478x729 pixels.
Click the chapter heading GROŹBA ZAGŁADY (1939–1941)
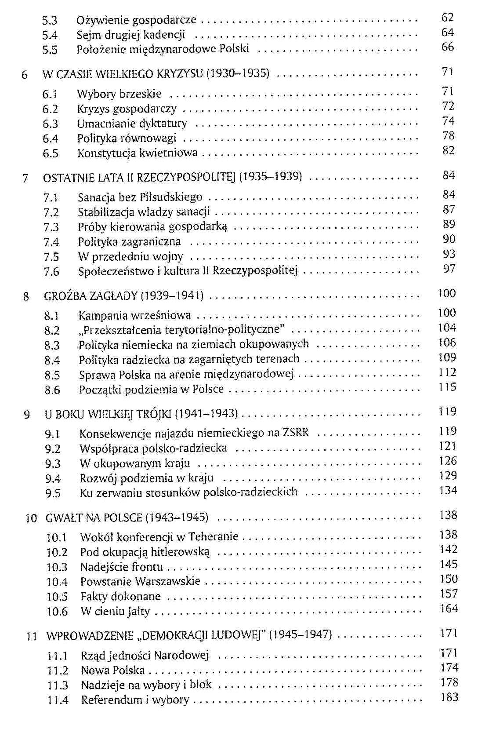[x=123, y=295]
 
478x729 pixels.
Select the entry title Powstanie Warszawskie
[x=140, y=581]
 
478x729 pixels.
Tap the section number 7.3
[x=51, y=227]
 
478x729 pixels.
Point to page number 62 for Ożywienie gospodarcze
[x=447, y=18]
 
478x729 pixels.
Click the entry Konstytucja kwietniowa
[x=137, y=153]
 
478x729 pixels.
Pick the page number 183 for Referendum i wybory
[x=449, y=697]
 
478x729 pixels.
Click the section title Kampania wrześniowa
[x=134, y=315]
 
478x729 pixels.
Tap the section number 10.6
[x=57, y=612]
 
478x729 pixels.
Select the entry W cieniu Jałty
[x=115, y=611]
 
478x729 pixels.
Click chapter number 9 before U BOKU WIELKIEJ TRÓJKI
[x=27, y=415]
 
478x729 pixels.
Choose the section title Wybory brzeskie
[x=119, y=94]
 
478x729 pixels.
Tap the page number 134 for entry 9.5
[x=448, y=490]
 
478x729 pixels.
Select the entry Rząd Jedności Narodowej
[x=145, y=656]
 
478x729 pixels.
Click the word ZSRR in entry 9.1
[x=296, y=433]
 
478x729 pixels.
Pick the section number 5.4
[x=50, y=35]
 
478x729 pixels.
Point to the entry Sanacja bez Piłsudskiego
[x=140, y=197]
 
